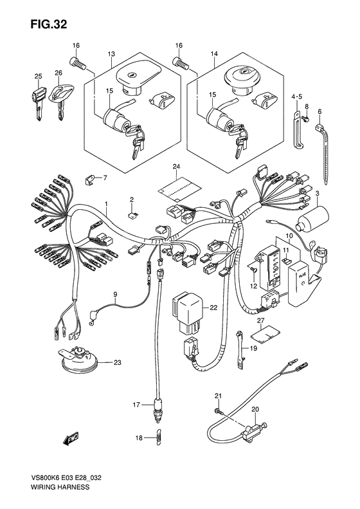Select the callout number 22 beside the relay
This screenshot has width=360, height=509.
[213, 308]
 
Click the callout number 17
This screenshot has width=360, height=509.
[136, 405]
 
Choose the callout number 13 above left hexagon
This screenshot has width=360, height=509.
[111, 54]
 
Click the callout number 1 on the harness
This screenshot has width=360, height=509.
[106, 204]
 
